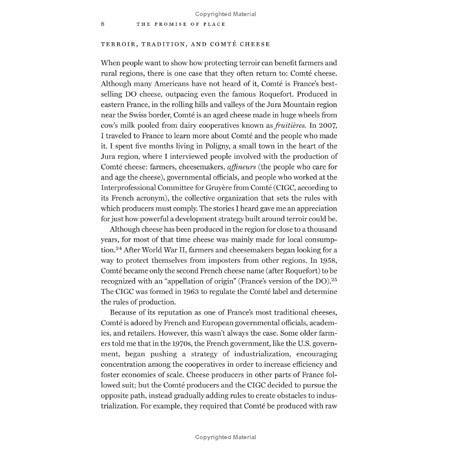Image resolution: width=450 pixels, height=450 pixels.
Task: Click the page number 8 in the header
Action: tap(103, 24)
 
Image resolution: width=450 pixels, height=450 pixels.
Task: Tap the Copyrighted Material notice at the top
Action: tap(225, 14)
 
